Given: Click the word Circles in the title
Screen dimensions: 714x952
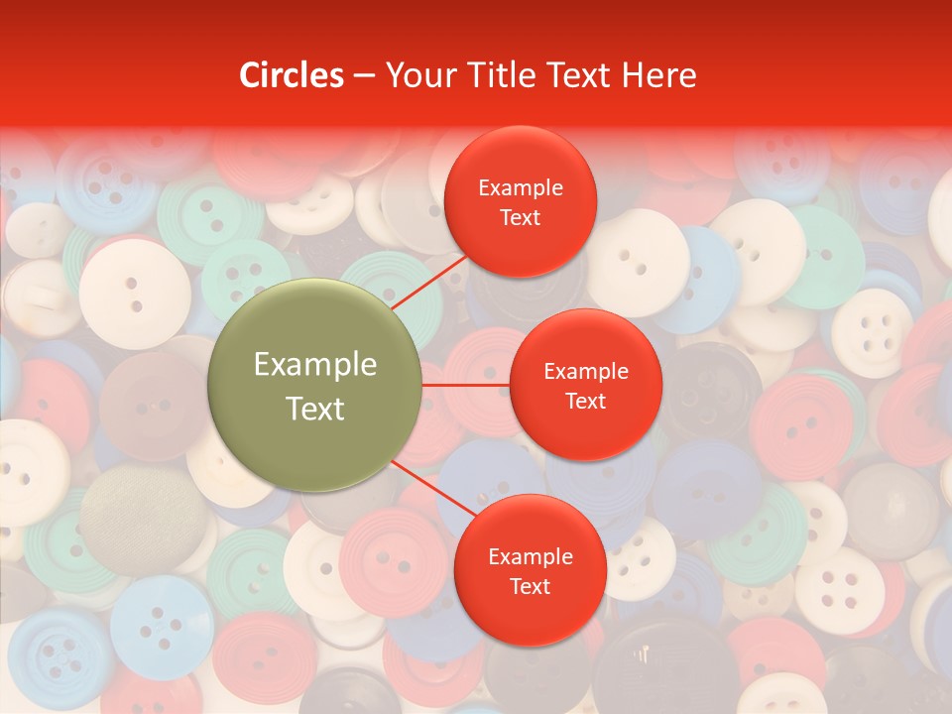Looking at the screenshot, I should [292, 75].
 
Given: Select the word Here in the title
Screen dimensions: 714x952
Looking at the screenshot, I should [658, 75].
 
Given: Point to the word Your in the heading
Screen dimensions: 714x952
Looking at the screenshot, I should [416, 75].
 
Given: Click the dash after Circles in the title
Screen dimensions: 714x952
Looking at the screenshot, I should [364, 76].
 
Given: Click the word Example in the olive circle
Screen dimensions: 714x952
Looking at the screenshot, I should [315, 365].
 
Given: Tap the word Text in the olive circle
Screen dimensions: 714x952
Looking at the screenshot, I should [315, 409].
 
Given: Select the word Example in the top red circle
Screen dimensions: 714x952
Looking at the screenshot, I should [521, 188].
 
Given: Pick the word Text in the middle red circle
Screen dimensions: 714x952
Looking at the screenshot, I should [585, 401].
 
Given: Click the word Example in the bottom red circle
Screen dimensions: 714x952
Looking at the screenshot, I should [531, 557].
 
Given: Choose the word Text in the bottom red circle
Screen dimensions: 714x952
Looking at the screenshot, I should [531, 586].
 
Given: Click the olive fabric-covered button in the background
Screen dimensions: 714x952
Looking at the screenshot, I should [130, 516].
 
